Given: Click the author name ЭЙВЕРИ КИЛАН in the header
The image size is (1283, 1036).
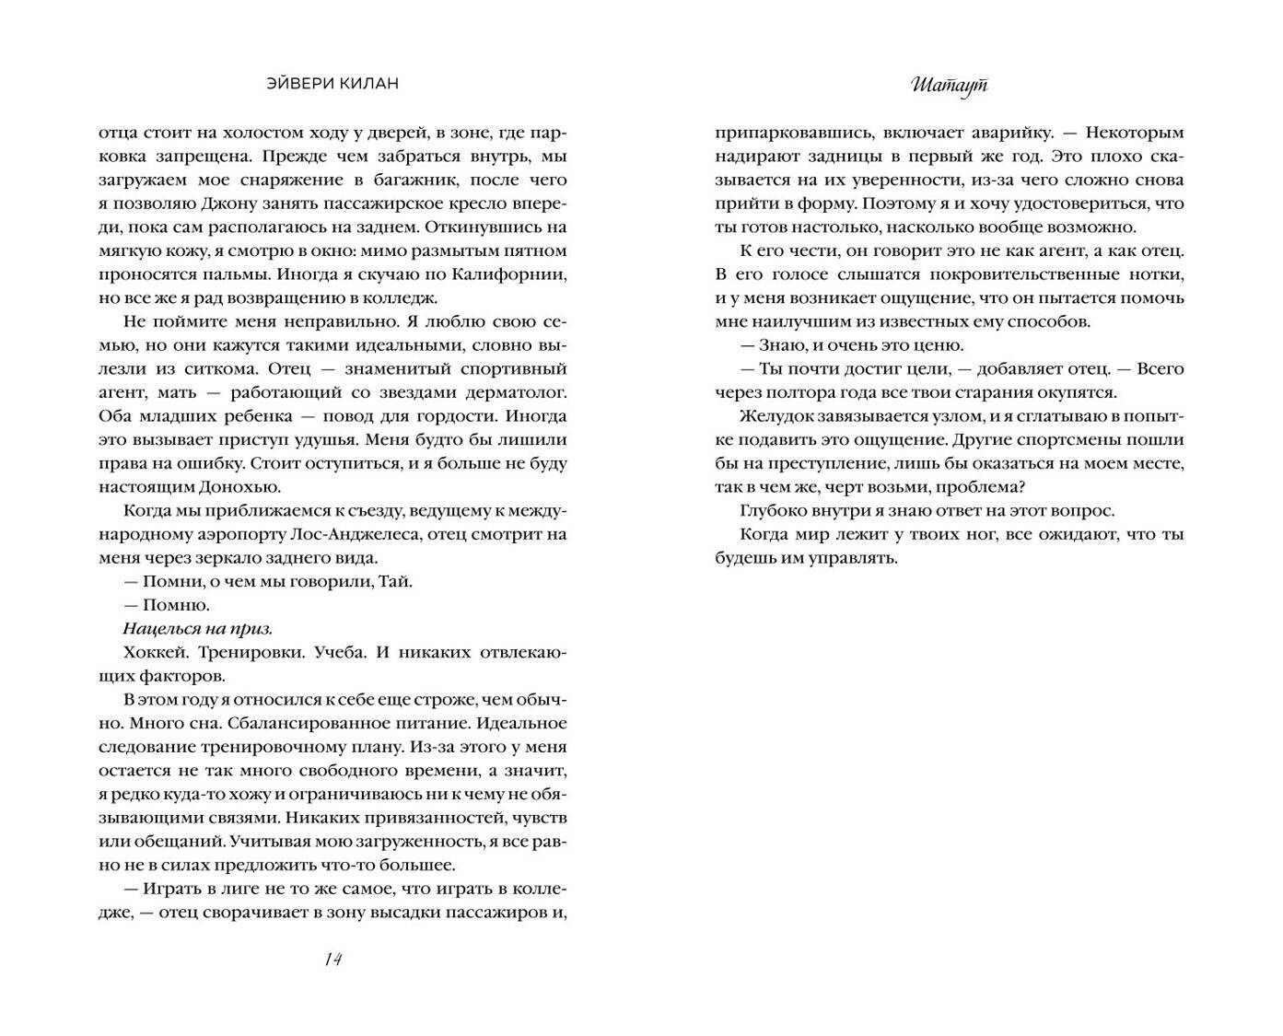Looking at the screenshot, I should click(x=332, y=84).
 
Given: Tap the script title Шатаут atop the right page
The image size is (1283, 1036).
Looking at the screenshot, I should click(x=950, y=85).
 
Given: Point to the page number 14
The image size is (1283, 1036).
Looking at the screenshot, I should click(x=332, y=960).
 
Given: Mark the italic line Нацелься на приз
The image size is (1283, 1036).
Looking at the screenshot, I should click(x=197, y=629).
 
